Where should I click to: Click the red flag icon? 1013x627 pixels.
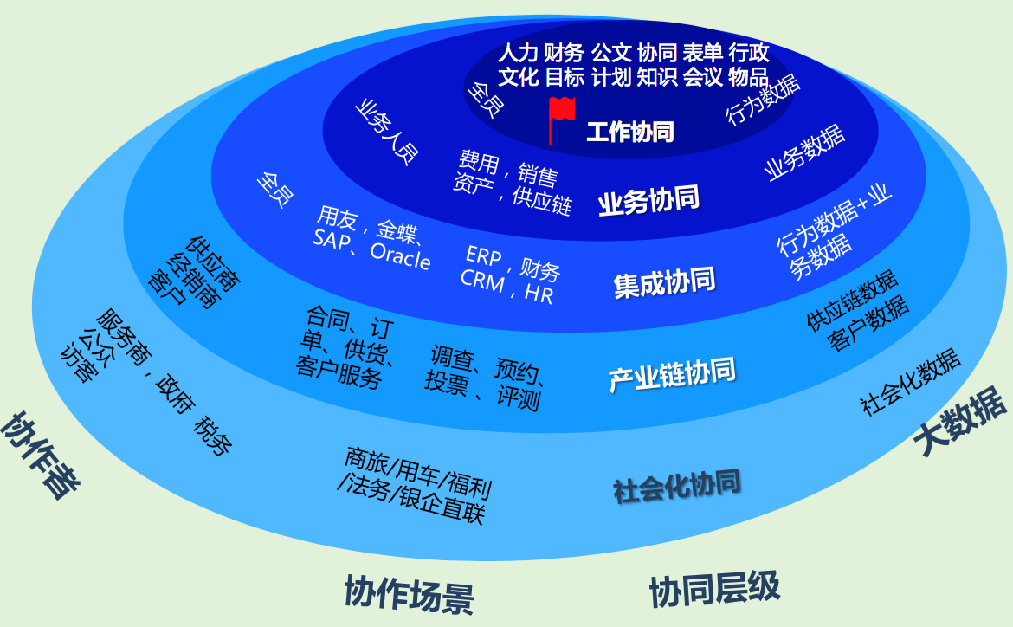561,120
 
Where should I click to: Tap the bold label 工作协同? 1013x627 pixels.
630,132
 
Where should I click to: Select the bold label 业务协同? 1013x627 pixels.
648,201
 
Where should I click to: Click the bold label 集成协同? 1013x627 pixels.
665,283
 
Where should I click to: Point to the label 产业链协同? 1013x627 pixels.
672,374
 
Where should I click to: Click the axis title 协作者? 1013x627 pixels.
40,456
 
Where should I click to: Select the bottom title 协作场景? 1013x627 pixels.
410,592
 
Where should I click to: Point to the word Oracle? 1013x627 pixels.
401,256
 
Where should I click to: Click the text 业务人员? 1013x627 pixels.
386,133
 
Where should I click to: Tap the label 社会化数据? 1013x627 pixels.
910,382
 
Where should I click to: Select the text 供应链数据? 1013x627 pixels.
852,300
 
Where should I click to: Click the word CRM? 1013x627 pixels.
482,281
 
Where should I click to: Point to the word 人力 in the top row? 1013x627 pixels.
518,52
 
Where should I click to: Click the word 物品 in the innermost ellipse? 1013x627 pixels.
749,77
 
